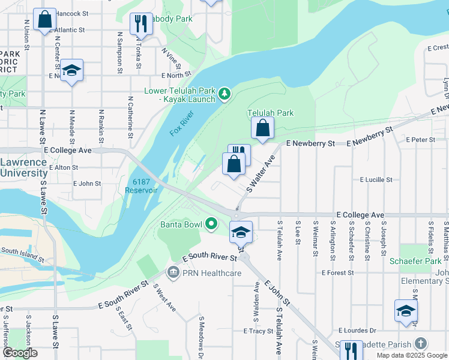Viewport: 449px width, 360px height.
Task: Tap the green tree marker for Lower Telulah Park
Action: coord(224,93)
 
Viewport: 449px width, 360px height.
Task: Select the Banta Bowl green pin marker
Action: coord(211,224)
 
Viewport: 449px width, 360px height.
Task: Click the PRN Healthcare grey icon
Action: coord(173,273)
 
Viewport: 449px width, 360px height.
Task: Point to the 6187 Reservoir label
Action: coord(141,185)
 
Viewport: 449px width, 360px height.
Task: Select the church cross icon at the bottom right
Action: coord(421,344)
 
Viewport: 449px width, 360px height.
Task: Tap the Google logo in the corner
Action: coord(20,353)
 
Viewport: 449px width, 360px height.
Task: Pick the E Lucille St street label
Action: coord(376,179)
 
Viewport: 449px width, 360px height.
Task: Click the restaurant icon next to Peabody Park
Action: coord(140,23)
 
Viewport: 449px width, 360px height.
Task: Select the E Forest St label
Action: coord(338,272)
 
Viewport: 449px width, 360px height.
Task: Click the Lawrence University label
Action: coord(23,167)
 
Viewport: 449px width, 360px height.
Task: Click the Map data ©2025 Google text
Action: coord(412,355)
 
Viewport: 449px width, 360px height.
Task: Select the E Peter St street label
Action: coord(420,139)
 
